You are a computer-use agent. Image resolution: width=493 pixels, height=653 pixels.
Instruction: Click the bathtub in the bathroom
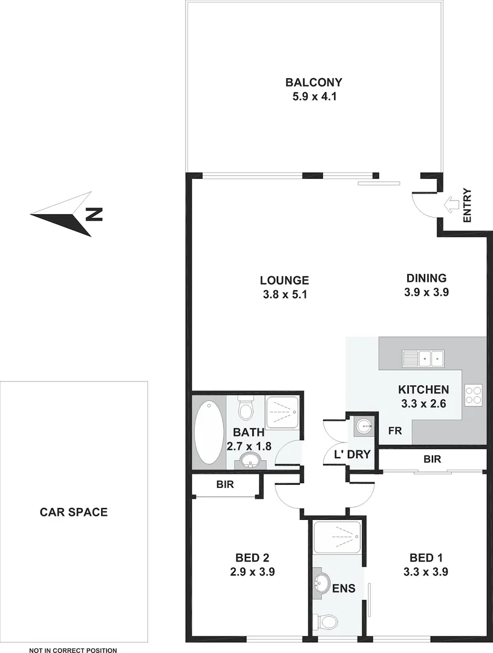click(x=208, y=433)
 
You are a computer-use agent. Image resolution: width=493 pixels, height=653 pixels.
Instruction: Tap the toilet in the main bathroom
click(x=246, y=409)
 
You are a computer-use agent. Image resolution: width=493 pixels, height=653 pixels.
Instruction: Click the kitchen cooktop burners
click(x=473, y=394)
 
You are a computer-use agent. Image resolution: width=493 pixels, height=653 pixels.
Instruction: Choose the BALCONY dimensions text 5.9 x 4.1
click(x=314, y=96)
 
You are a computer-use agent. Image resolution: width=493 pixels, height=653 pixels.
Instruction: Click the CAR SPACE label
click(x=74, y=512)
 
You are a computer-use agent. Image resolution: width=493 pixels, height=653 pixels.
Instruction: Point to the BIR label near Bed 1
click(x=432, y=460)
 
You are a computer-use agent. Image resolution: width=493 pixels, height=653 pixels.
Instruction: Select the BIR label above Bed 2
click(x=225, y=484)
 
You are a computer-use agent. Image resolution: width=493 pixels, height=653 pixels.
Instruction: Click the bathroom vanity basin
click(x=249, y=463)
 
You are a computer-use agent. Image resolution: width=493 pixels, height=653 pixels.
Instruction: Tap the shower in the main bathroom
click(x=283, y=413)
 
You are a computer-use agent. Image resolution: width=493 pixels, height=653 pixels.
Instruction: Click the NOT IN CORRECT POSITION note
click(x=73, y=650)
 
